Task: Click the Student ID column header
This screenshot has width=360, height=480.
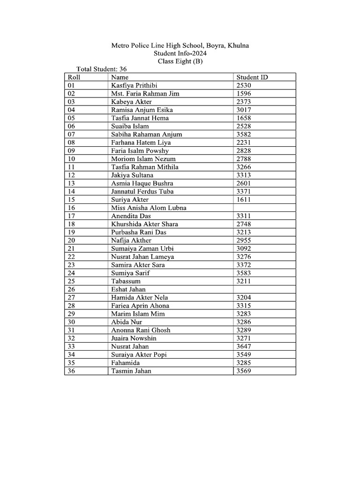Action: (x=252, y=77)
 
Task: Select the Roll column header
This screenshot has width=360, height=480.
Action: (x=74, y=77)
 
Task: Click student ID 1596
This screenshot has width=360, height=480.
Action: (x=244, y=94)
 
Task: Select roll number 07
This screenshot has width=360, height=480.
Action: (x=72, y=135)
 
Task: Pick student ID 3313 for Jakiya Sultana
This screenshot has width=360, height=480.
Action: (x=244, y=175)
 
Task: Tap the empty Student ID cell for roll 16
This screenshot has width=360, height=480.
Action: (x=264, y=208)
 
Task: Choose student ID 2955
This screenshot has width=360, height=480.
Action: (x=244, y=240)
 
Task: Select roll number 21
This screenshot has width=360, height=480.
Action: (x=72, y=248)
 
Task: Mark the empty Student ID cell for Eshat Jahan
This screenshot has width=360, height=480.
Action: (x=264, y=289)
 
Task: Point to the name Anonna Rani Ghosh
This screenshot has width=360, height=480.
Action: (x=141, y=330)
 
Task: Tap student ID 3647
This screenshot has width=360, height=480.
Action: (x=244, y=346)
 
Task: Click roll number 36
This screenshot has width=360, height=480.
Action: (x=72, y=371)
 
